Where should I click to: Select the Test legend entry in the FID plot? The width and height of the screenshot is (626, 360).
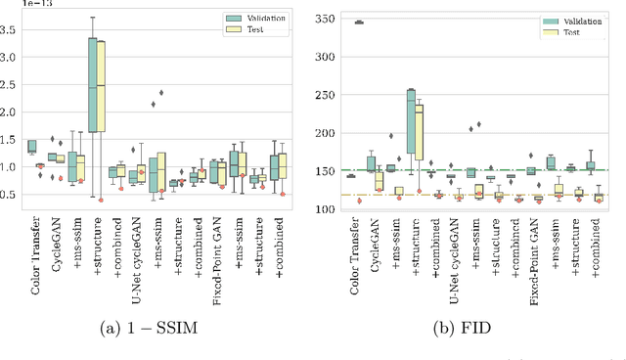569,32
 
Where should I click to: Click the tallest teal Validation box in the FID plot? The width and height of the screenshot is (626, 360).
412,121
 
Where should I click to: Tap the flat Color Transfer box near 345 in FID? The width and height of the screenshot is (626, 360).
358,22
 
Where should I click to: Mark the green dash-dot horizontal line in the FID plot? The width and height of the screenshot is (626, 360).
587,170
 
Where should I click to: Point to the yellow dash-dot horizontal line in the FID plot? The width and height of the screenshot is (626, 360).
587,195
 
